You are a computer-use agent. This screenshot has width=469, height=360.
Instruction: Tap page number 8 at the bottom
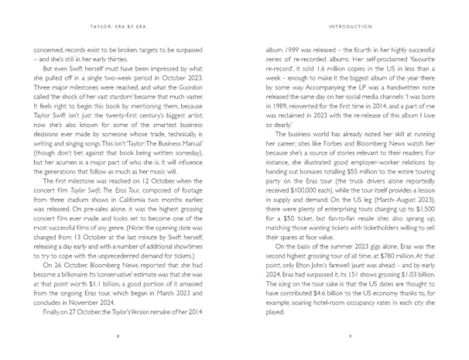click(117, 337)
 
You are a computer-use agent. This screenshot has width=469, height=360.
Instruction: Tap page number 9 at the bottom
click(351, 337)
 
